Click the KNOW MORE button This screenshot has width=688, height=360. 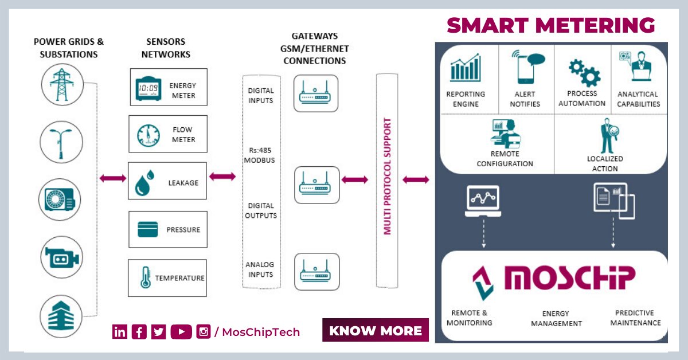coord(375,330)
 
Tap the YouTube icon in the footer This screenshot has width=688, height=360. coord(181,331)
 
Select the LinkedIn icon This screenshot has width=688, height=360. coord(120,331)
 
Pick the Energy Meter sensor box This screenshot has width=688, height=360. coord(168,87)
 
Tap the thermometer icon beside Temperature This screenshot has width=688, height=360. coord(144,278)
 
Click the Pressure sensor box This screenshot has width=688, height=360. coord(168,229)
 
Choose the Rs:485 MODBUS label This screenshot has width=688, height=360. coord(260,155)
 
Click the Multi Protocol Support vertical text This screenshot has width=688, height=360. coord(388,177)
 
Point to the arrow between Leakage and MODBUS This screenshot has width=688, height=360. coord(222,178)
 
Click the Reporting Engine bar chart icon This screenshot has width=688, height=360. coord(465,68)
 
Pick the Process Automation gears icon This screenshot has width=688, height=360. coord(583,72)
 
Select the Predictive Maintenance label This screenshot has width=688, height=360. coord(635,318)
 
